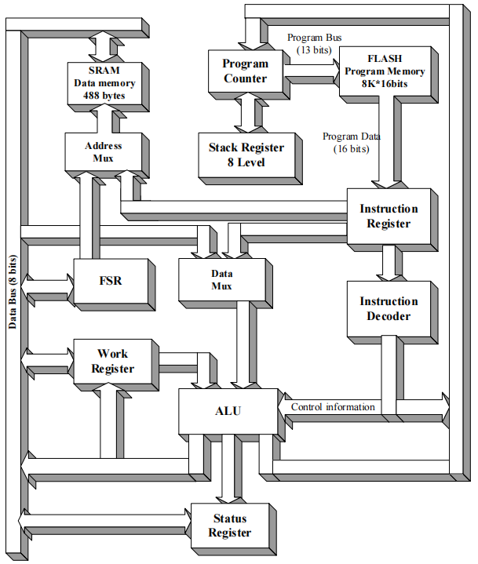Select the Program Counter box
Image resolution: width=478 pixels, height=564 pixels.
[245, 71]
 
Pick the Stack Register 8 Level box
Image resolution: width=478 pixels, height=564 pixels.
[246, 155]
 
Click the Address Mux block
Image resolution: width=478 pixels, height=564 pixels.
[104, 151]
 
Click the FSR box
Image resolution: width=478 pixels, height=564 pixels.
[111, 281]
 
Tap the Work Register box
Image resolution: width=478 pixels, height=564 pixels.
[112, 362]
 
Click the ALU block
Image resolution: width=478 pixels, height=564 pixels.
[228, 411]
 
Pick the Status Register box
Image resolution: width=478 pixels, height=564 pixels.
[229, 526]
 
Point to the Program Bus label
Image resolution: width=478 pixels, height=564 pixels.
[314, 43]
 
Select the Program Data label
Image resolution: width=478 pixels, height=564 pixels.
[351, 142]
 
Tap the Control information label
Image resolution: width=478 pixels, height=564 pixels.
[333, 407]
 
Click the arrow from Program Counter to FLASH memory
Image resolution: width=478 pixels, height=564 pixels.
[311, 75]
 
